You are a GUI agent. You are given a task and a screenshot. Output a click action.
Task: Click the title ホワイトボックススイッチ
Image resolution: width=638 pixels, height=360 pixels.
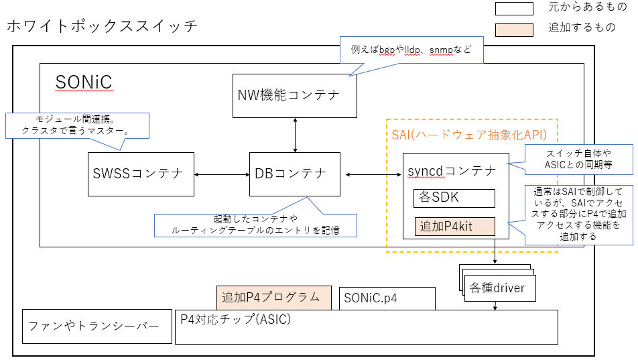coord(102,27)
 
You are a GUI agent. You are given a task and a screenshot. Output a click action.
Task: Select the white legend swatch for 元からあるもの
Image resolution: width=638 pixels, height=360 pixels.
coord(514,9)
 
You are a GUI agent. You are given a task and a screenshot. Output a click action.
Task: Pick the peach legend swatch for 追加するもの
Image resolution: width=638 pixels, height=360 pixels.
coord(514,29)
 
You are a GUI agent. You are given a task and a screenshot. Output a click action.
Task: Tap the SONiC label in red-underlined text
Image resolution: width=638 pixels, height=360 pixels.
coord(84,82)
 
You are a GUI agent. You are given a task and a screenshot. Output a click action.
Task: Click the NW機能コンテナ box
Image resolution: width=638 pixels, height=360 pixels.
coord(295,95)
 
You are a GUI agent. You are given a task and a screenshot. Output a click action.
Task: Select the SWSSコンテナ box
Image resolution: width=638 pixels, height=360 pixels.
coord(141,174)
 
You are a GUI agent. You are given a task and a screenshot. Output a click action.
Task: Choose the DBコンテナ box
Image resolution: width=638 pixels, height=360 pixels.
coord(294,174)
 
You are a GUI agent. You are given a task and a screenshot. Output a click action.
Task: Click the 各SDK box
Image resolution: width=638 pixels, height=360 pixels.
coord(454,198)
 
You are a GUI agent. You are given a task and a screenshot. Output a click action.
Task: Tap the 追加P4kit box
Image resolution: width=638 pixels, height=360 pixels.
coord(454,227)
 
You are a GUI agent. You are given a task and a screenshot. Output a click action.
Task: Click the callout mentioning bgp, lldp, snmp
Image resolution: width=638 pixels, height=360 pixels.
coord(411,50)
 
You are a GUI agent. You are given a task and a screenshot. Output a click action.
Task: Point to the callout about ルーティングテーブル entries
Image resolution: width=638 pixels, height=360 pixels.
coord(255,225)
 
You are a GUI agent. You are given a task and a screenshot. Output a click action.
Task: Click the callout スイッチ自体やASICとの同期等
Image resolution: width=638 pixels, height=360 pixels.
coord(578,159)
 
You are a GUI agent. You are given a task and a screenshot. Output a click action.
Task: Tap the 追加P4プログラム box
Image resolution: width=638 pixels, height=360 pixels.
coord(274,298)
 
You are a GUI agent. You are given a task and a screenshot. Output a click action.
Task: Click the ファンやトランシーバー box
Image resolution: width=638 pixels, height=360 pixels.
coord(93,326)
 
